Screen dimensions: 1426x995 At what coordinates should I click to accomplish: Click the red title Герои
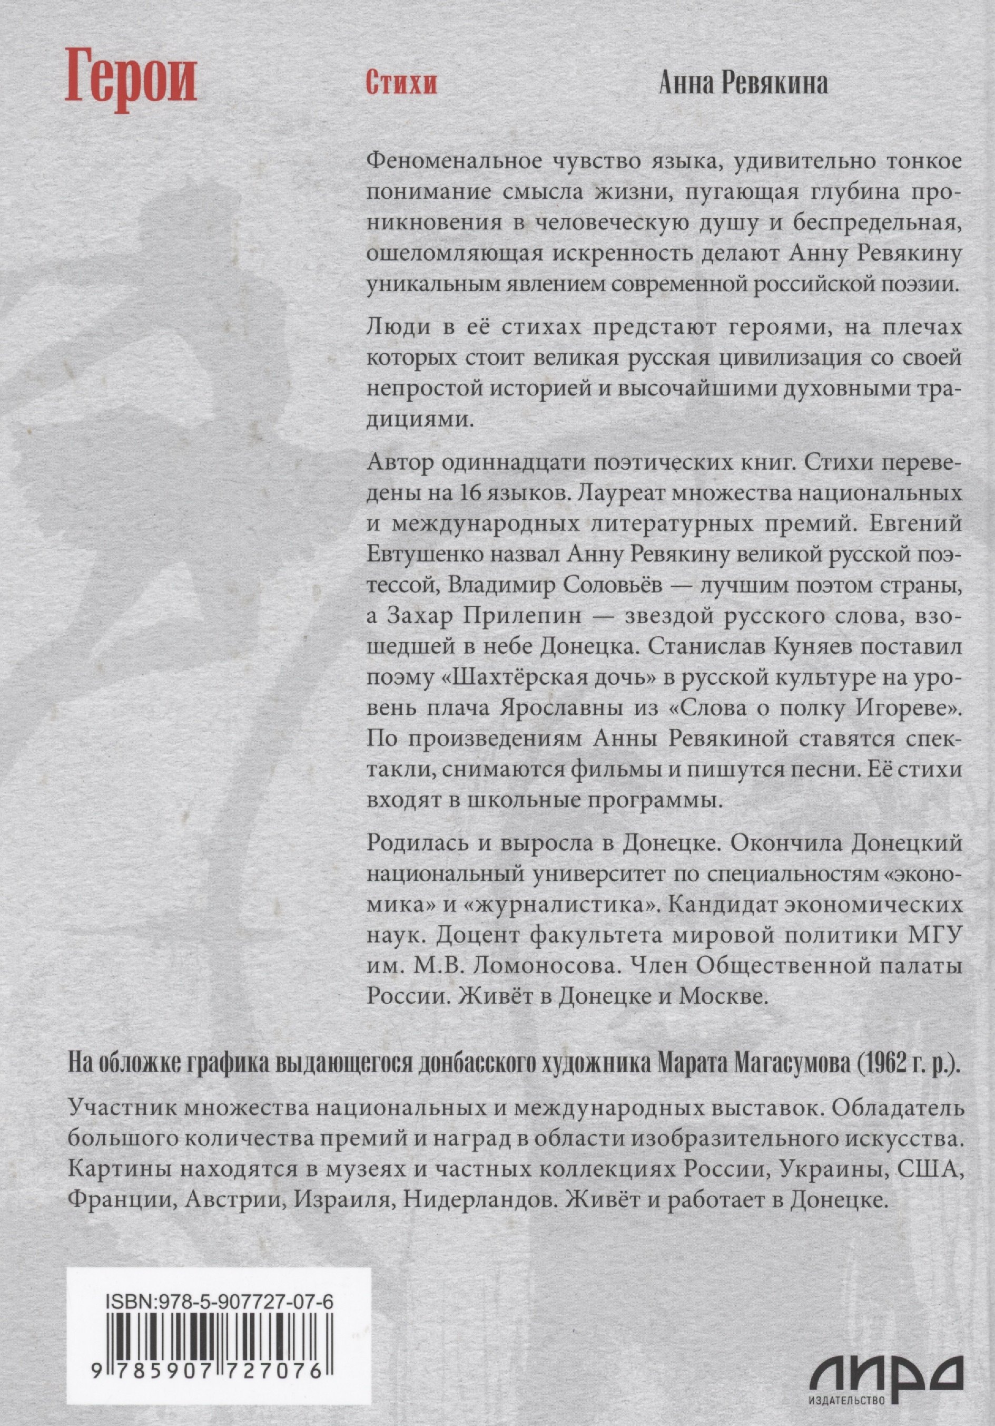[131, 83]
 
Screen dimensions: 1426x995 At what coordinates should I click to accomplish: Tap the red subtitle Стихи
[400, 84]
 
